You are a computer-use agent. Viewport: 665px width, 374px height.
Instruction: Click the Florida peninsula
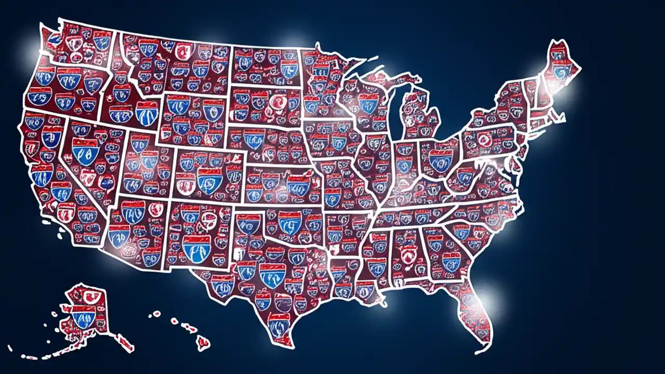[x=475, y=312]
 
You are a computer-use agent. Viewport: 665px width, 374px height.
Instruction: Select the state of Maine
[x=558, y=65]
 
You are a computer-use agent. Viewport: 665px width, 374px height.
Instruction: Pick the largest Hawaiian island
[x=203, y=342]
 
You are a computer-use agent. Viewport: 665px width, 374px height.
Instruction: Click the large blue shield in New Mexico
[x=196, y=247]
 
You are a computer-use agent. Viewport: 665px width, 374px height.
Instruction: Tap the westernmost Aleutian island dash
[x=10, y=349]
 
